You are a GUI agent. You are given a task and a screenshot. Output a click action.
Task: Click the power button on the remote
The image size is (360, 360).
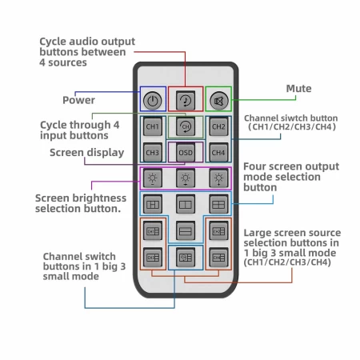[x=153, y=101]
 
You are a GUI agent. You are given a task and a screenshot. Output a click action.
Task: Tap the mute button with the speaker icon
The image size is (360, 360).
[x=218, y=101]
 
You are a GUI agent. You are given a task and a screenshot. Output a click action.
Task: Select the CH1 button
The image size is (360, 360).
[x=153, y=126]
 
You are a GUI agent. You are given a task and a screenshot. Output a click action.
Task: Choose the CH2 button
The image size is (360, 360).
[x=218, y=126]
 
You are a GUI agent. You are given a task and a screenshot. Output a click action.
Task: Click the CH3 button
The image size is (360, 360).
[x=153, y=152]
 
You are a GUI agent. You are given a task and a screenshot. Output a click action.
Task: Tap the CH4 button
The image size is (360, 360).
[x=218, y=152]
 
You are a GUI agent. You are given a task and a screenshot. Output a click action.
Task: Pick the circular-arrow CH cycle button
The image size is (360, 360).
[x=186, y=126]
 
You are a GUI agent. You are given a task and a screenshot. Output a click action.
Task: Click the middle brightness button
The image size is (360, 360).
[x=186, y=178]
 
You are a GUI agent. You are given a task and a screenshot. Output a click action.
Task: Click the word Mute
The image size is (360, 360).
[x=298, y=89]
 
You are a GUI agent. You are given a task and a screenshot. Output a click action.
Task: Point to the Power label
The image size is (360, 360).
[x=78, y=100]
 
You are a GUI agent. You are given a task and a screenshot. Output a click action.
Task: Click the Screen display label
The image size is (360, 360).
[x=87, y=153]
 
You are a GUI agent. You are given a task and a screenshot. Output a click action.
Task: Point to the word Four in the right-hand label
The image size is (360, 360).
[x=255, y=166]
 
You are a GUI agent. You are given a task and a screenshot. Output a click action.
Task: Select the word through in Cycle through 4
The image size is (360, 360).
[x=90, y=126]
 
